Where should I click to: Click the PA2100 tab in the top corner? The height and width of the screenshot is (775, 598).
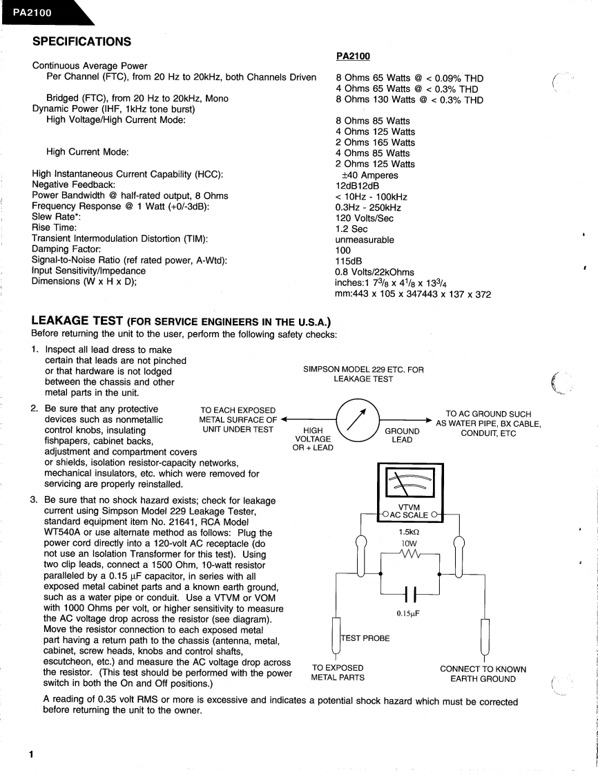coord(31,12)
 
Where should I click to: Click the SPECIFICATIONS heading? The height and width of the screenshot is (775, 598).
coord(82,42)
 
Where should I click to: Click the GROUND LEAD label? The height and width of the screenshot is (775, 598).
coord(402,435)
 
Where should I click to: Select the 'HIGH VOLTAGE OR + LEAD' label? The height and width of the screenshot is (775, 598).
coord(313,439)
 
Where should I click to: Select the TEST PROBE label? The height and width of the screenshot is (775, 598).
coord(366,638)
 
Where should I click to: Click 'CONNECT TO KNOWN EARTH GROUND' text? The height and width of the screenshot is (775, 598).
coord(483,673)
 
